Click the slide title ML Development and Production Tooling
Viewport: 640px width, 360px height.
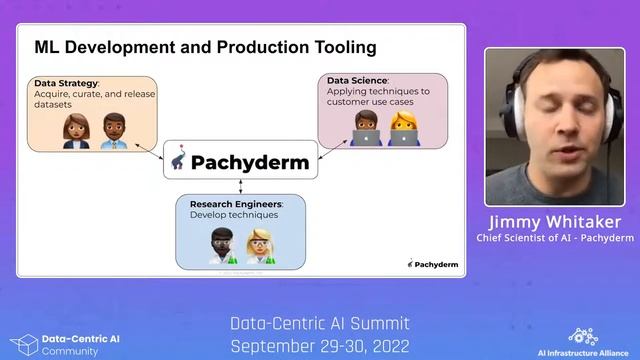click(205, 47)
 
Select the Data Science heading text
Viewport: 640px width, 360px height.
click(359, 79)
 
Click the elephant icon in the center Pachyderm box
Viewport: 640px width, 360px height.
click(179, 161)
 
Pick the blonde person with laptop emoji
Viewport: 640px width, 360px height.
click(401, 127)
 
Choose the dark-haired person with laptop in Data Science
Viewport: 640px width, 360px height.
click(366, 127)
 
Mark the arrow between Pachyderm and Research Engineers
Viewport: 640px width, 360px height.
click(240, 187)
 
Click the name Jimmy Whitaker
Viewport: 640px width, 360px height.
click(554, 221)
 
